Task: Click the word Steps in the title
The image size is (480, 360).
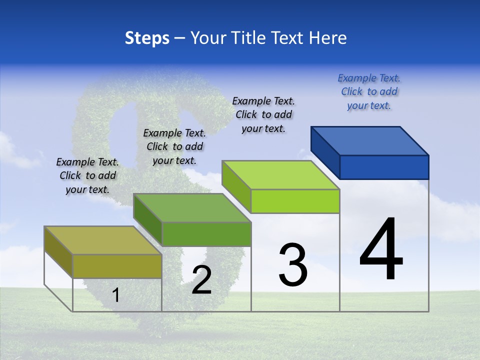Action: point(147,38)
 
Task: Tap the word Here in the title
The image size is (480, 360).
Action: point(328,38)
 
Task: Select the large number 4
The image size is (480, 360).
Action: point(381,250)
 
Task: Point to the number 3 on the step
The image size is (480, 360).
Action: point(293,265)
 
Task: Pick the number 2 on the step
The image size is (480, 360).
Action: point(201,280)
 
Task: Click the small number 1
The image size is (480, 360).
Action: point(115,295)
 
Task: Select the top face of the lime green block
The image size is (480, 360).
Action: point(281,174)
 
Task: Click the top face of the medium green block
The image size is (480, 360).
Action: point(192,207)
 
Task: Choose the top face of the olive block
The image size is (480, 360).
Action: point(103,240)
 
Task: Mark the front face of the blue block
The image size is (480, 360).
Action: point(384,167)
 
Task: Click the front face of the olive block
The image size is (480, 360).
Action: point(117,266)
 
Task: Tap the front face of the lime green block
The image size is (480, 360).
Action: point(295,201)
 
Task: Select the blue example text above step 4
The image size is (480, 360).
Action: point(369,91)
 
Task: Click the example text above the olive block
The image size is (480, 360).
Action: point(87,175)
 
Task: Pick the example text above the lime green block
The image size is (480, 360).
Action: point(263,114)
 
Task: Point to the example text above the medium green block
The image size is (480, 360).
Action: point(174,146)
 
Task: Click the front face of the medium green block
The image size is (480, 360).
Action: point(206,234)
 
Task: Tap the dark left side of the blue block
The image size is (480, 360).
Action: point(325,152)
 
